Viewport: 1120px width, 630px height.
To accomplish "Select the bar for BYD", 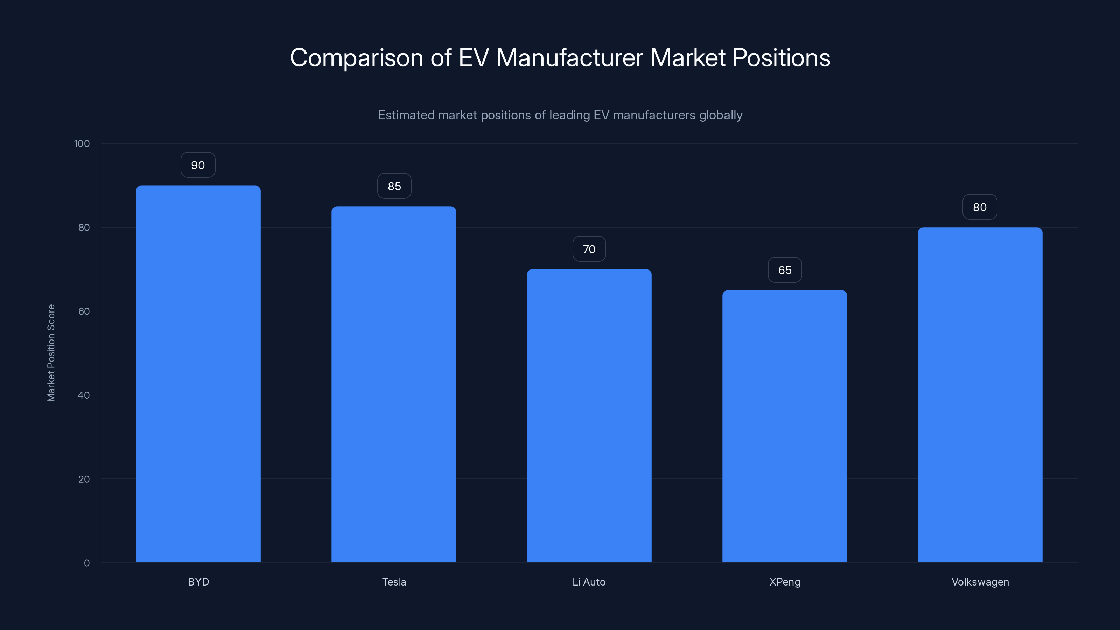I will pos(198,374).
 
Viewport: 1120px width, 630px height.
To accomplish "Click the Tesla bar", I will pos(394,384).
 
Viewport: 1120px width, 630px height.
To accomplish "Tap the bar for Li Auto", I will pos(589,416).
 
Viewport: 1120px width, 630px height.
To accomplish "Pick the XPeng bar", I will pos(785,426).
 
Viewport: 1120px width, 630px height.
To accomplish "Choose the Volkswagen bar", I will pos(980,395).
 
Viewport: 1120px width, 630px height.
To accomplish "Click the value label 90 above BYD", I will pos(198,165).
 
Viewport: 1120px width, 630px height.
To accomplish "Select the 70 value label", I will pos(589,249).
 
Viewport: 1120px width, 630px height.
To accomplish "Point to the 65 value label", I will pos(785,270).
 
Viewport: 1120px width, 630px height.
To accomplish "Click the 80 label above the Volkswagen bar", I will pos(980,207).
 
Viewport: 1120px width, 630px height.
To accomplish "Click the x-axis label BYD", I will pos(198,582).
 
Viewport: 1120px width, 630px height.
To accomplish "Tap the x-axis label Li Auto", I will pos(589,582).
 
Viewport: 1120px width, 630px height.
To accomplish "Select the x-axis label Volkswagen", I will pos(980,582).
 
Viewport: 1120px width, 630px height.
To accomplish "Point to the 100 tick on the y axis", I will pos(82,143).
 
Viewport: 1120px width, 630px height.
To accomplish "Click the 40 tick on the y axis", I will pos(84,395).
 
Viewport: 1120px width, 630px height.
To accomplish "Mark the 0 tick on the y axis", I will pos(86,563).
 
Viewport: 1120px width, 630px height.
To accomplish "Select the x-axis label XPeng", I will pos(785,582).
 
